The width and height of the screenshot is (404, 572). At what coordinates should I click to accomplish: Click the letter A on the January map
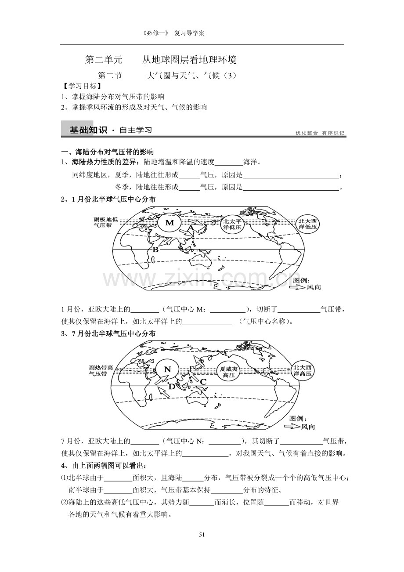coord(191,228)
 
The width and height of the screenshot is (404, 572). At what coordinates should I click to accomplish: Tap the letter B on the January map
coord(155,250)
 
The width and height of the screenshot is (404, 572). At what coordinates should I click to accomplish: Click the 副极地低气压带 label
coord(106,222)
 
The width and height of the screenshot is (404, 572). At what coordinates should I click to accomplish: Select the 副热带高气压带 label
coord(101,370)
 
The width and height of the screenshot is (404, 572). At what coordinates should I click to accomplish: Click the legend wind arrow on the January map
coord(297,287)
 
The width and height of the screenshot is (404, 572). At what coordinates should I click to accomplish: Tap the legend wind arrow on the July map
coord(292,426)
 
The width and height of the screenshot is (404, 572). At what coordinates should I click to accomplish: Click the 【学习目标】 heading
coord(81,86)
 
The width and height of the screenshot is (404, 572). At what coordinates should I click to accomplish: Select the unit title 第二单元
coord(104,60)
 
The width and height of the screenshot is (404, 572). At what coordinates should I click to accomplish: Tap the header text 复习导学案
coord(189,33)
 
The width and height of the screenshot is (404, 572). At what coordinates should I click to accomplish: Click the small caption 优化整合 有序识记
coord(320,133)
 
